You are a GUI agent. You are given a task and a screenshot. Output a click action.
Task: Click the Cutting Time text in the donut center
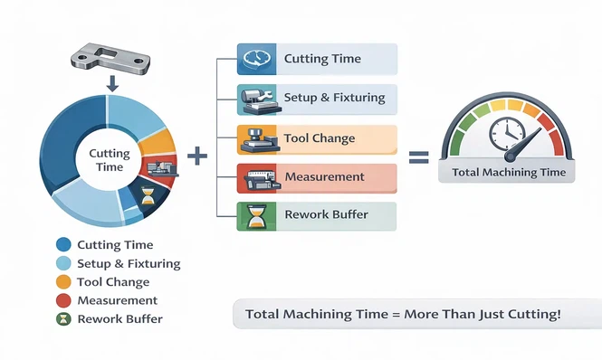tap(110, 161)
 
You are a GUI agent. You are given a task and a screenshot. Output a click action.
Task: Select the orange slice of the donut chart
tap(158, 142)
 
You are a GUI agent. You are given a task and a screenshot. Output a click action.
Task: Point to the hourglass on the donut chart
tap(148, 195)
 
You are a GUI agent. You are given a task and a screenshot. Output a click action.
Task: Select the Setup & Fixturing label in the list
tap(334, 98)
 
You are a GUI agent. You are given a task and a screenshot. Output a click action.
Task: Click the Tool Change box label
tap(320, 138)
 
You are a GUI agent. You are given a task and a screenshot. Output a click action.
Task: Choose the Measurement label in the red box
tap(324, 176)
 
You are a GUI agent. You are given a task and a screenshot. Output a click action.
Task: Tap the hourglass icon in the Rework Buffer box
tap(253, 216)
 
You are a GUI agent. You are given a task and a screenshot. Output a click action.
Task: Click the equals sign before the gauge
tap(418, 156)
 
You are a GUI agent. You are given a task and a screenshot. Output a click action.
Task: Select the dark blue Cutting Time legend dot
tap(63, 245)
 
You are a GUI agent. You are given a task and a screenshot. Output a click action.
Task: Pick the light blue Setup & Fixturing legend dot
tap(63, 264)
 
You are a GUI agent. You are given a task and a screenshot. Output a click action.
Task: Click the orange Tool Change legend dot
tap(63, 282)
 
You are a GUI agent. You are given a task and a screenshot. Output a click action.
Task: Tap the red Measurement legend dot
tap(63, 300)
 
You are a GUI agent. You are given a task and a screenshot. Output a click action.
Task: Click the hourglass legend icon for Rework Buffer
tap(63, 319)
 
